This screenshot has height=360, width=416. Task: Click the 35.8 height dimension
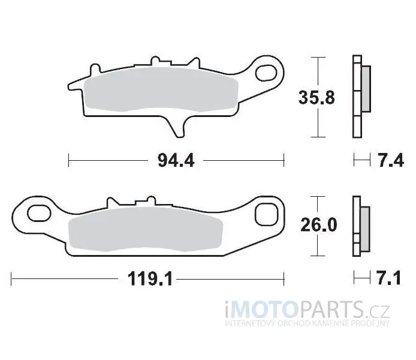316,98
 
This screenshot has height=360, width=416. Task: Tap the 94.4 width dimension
176,161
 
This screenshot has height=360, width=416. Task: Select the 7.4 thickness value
391,160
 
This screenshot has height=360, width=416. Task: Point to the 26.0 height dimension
319,225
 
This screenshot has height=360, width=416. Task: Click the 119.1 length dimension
150,279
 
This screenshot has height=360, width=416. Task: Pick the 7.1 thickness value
389,278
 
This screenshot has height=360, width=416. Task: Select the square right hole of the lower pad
267,215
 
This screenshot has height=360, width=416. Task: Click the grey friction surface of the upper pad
161,89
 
